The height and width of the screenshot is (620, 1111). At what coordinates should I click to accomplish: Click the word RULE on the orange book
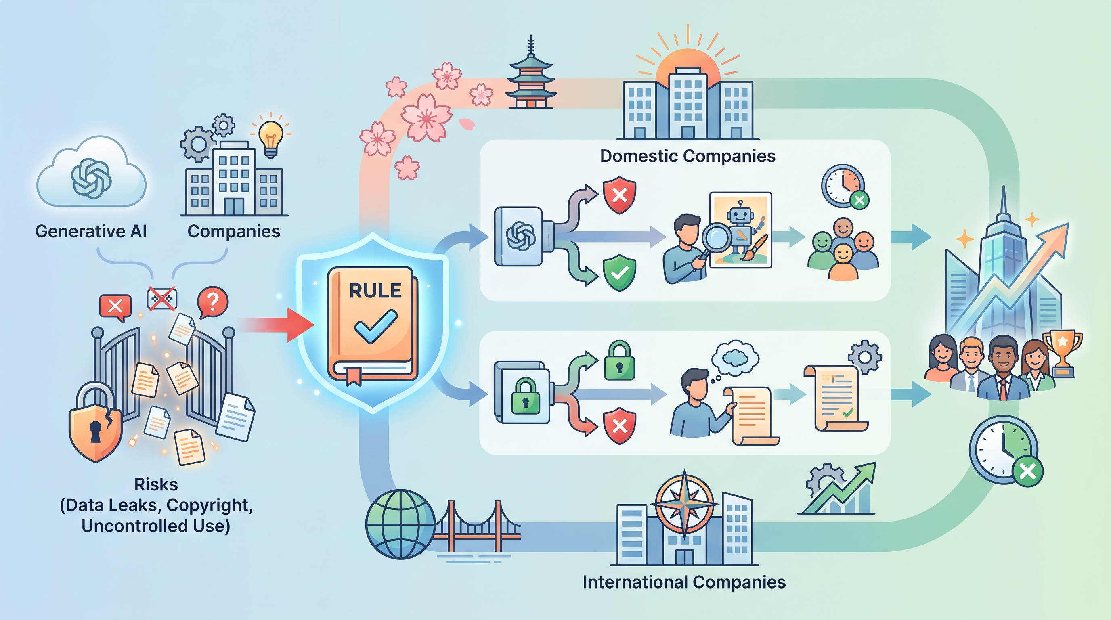tap(375, 291)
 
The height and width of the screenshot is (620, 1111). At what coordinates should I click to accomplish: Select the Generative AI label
tap(91, 232)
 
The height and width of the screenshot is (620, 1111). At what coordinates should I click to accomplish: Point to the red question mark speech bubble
tap(212, 302)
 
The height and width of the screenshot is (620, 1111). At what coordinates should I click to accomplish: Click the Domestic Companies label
tap(688, 156)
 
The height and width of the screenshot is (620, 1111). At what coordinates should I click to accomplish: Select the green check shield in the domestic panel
tap(619, 272)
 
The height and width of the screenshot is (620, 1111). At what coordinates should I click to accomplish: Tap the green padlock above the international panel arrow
tap(619, 361)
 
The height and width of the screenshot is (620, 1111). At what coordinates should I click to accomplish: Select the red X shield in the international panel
tap(619, 425)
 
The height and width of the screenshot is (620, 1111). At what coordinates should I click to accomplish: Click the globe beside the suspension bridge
tap(400, 524)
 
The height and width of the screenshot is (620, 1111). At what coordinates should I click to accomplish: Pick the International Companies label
tap(684, 582)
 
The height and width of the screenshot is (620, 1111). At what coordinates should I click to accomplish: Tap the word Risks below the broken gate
tap(156, 485)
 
